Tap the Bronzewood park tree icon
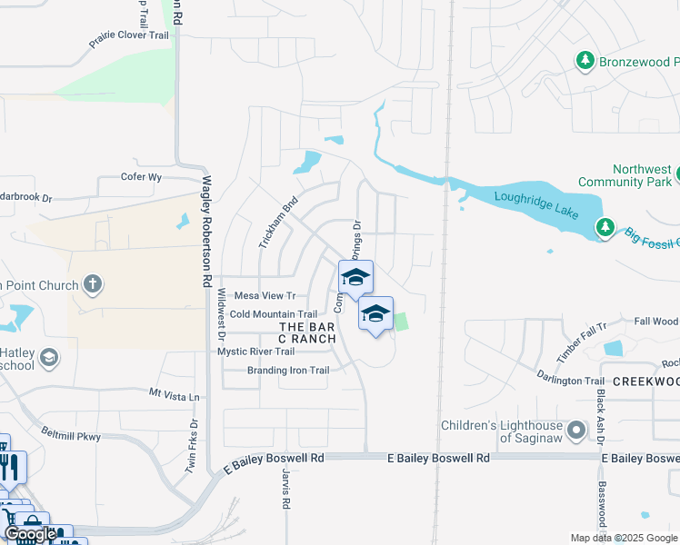click(585, 61)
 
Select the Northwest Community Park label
click(644, 175)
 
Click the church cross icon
click(91, 285)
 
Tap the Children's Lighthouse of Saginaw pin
click(575, 429)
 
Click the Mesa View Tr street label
click(265, 296)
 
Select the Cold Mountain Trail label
click(273, 314)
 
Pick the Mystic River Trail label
click(256, 352)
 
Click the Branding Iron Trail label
click(288, 371)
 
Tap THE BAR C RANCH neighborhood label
click(307, 332)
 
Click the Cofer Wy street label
click(141, 177)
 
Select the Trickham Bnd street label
click(278, 223)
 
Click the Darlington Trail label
click(570, 381)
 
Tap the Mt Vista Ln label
click(174, 395)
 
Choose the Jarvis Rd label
click(285, 489)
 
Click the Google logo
click(30, 534)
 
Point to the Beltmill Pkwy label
click(71, 435)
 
